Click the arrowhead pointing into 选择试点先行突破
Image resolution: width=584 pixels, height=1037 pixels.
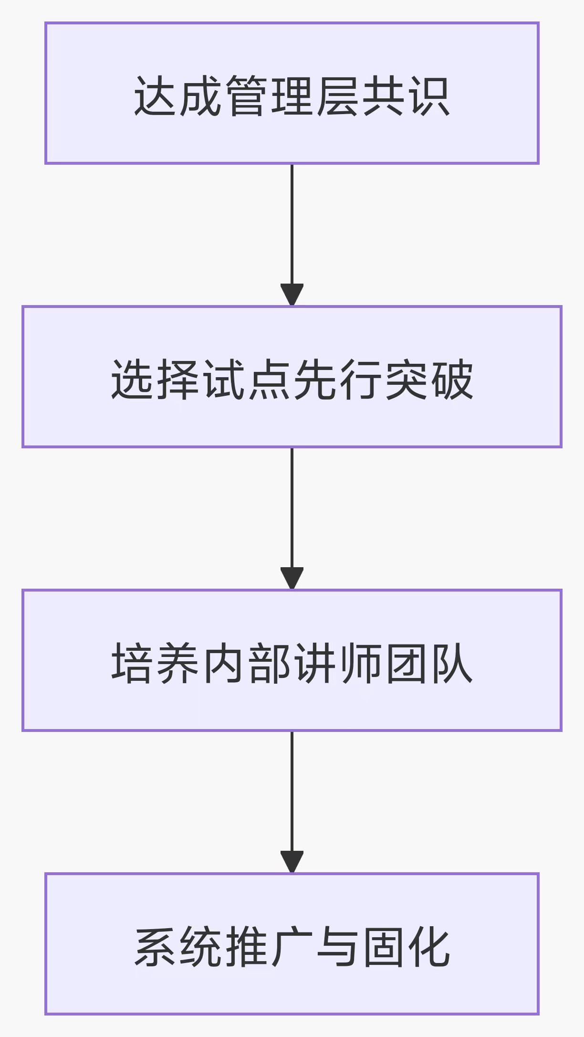tap(292, 295)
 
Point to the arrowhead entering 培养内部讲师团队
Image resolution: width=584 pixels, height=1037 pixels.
tap(292, 578)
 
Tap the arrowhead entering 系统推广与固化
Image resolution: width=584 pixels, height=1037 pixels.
tap(292, 862)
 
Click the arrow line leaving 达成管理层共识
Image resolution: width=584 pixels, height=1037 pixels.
tap(292, 224)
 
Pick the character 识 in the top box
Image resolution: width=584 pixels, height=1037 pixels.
tap(430, 96)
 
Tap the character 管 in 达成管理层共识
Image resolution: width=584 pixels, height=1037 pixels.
tap(246, 96)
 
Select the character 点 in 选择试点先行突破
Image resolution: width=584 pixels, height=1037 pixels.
tap(269, 380)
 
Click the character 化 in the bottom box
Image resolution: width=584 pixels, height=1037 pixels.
tap(430, 947)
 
